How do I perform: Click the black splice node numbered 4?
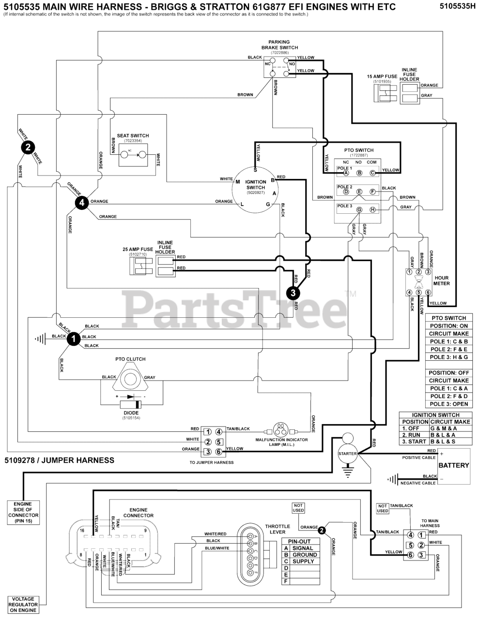[x=82, y=203]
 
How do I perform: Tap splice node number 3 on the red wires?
[x=293, y=292]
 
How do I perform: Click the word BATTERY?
[x=453, y=465]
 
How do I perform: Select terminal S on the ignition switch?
[x=255, y=170]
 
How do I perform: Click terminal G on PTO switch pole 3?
[x=359, y=209]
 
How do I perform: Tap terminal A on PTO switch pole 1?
[x=346, y=173]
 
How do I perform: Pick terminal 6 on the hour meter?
[x=428, y=292]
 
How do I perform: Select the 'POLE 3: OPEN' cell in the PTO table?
[x=449, y=404]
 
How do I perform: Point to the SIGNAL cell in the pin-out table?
[x=304, y=548]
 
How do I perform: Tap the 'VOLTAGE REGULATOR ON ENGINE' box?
[x=23, y=604]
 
